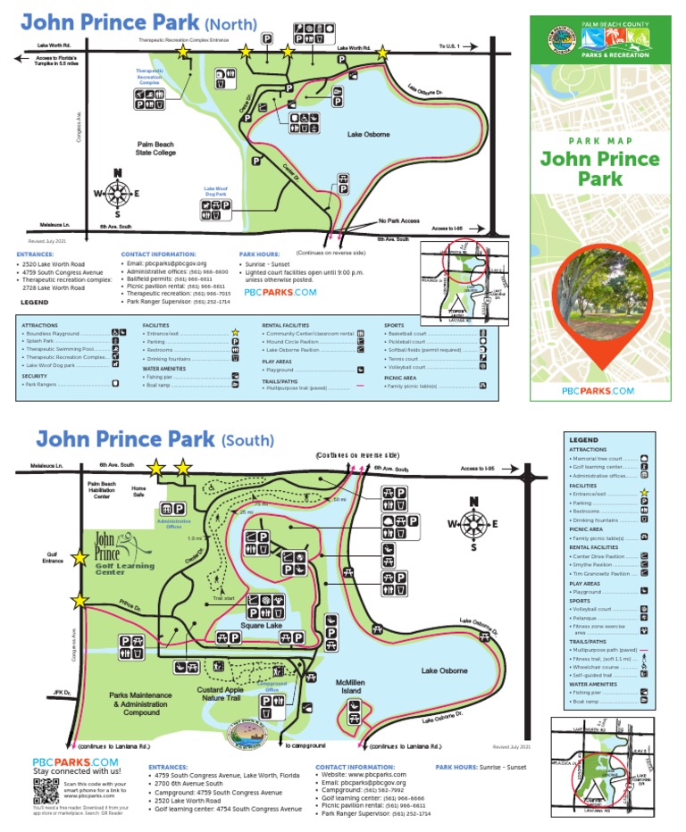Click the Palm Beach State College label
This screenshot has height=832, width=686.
pyautogui.click(x=155, y=147)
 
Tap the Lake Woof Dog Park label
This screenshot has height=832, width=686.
pyautogui.click(x=216, y=190)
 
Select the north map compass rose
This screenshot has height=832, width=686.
pyautogui.click(x=117, y=192)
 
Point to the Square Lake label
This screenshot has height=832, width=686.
pyautogui.click(x=262, y=626)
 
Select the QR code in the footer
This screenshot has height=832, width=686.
pyautogui.click(x=46, y=792)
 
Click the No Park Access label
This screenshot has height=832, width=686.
pyautogui.click(x=398, y=220)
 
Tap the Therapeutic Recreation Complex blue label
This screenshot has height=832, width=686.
pyautogui.click(x=150, y=75)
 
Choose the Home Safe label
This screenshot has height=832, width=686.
pyautogui.click(x=138, y=491)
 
